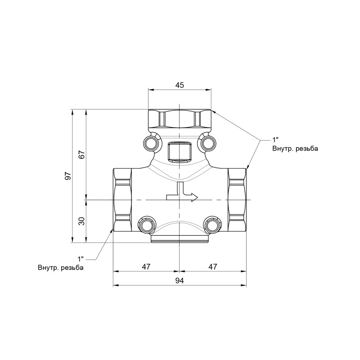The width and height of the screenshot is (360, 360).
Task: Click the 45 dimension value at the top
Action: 180,85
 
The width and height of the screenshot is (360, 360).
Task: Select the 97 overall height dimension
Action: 68,176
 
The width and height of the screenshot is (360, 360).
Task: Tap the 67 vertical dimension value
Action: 81,154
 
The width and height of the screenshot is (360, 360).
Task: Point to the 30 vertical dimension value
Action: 81,221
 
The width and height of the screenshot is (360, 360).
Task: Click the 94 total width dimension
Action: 180,280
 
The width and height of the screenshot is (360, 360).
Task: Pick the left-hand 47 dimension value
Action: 146,267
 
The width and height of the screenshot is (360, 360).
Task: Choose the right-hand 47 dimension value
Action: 213,267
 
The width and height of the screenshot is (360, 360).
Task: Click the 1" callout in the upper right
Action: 275,139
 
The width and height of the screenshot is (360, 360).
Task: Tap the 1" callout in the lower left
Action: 81,259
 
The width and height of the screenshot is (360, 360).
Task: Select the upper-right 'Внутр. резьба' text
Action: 295,148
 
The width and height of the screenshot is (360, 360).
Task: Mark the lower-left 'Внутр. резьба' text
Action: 61,268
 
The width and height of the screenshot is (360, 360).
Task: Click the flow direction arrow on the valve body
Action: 182,194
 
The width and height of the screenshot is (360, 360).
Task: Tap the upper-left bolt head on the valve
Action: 150,143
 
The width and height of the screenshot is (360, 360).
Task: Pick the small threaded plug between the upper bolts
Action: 179,152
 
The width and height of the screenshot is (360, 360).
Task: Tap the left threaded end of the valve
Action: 122,199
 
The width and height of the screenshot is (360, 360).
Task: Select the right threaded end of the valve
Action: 237,199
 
